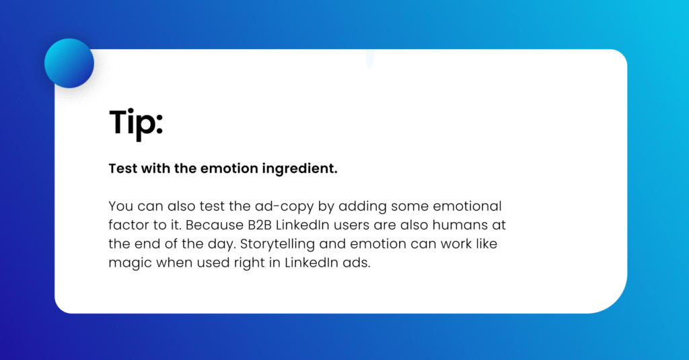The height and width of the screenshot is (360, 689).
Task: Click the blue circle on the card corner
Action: [69, 63]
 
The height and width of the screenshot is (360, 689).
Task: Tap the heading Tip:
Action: [136, 123]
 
